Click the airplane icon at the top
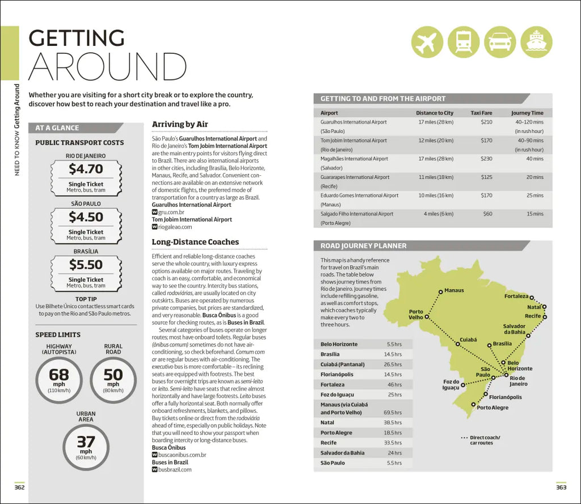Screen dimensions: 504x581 [428, 43]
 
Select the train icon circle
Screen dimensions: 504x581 [464, 43]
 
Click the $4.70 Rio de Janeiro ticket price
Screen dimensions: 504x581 [86, 169]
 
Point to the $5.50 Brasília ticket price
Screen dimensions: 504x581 [86, 265]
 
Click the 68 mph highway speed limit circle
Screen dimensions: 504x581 [59, 380]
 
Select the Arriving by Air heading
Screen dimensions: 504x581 [180, 124]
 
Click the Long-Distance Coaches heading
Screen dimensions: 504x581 [195, 242]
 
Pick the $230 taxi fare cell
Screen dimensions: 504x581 [486, 159]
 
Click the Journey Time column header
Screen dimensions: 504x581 [527, 113]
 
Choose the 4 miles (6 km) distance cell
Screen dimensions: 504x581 [438, 214]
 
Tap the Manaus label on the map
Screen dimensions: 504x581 [453, 290]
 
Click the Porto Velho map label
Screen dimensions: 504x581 [416, 314]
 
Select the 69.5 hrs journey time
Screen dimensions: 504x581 [393, 412]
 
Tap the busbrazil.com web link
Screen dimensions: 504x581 [175, 469]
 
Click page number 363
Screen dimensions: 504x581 [561, 486]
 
